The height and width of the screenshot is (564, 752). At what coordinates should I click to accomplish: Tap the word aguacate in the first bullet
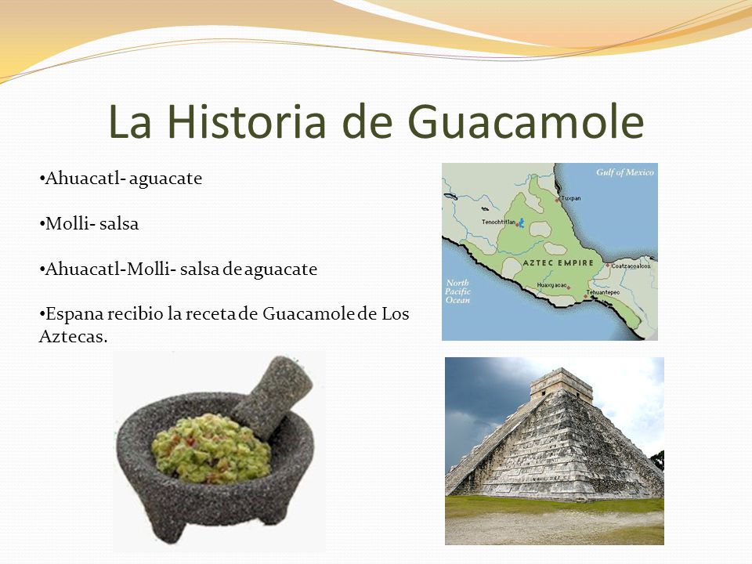point(165,179)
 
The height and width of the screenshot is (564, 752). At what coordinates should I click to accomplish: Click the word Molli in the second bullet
point(67,223)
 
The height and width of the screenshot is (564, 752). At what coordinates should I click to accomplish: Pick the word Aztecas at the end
point(73,336)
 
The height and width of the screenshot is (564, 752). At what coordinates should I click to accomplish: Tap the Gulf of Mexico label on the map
point(625,172)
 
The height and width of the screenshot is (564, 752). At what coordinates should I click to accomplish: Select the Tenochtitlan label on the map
point(499,222)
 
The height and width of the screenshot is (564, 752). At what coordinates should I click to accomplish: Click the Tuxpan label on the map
point(571,197)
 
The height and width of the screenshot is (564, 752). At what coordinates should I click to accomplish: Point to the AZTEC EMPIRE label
point(559,263)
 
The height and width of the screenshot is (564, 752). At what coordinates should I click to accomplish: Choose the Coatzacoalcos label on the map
point(631,266)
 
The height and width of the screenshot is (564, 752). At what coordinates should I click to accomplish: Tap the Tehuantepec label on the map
point(603,292)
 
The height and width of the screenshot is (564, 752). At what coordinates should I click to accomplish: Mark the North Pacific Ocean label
point(457,291)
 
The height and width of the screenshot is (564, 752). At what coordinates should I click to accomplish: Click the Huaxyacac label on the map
point(551,285)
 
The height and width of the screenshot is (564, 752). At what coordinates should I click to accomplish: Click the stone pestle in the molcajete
point(273,396)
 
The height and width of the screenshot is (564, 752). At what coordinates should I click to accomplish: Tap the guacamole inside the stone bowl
point(211,448)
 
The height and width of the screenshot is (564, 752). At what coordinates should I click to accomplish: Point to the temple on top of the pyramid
point(561,384)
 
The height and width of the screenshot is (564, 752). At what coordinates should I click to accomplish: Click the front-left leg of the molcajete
point(167,526)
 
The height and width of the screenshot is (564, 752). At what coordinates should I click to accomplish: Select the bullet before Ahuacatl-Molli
point(42,269)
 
